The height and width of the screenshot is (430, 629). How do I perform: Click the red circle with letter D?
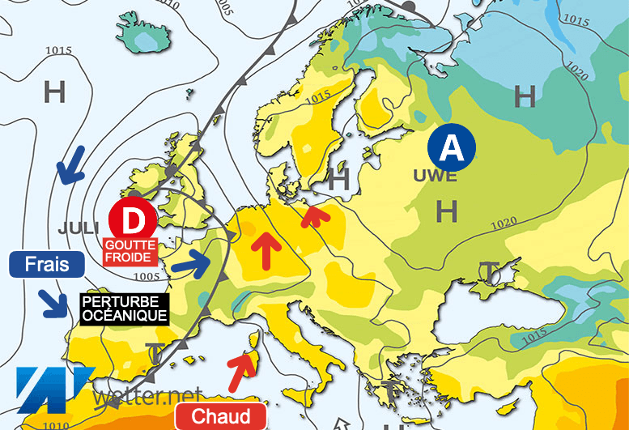[x=132, y=219]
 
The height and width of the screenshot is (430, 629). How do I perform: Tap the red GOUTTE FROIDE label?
[x=127, y=250]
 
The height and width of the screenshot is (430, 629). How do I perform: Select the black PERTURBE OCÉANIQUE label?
[x=125, y=308]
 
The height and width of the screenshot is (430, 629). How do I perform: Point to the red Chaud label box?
[x=221, y=416]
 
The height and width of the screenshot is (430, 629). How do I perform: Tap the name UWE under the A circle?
[x=435, y=176]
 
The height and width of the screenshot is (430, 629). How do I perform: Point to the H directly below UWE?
[x=446, y=211]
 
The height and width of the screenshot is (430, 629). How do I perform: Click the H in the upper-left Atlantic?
[x=54, y=92]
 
